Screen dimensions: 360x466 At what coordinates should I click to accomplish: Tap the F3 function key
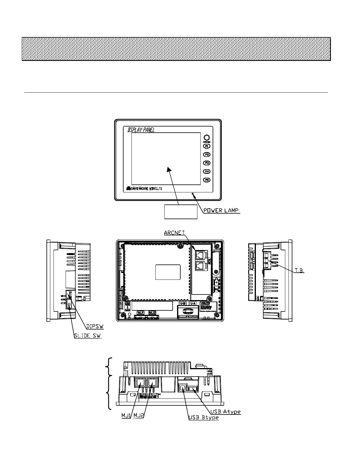point(207,163)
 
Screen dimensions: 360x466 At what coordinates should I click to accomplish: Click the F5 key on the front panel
point(207,180)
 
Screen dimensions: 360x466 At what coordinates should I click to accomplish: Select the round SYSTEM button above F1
point(206,138)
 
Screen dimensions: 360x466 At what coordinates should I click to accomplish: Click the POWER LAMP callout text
point(221,210)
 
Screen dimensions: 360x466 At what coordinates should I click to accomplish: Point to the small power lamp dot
point(193,194)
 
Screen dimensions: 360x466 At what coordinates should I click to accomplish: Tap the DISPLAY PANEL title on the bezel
point(141,130)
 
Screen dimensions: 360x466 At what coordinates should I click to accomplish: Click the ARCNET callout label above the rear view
point(174,233)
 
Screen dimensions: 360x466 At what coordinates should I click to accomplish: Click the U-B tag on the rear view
point(183,303)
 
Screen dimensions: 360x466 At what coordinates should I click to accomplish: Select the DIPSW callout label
point(95,327)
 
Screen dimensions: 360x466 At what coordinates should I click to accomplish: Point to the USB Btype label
point(204,418)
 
